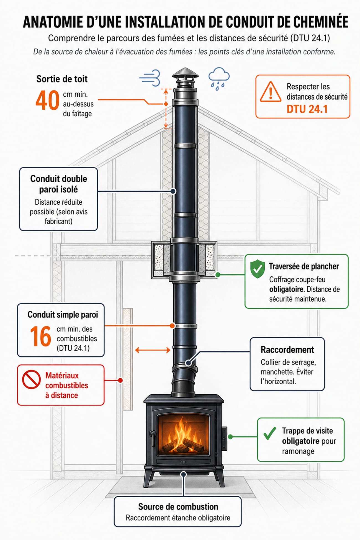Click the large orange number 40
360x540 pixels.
pyautogui.click(x=47, y=100)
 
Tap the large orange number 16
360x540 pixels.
pyautogui.click(x=40, y=336)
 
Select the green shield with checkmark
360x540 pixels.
pyautogui.click(x=257, y=269)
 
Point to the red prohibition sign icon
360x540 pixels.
pyautogui.click(x=31, y=379)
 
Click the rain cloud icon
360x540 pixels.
pyautogui.click(x=219, y=78)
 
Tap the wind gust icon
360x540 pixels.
pyautogui.click(x=150, y=78)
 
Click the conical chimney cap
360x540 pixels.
pyautogui.click(x=185, y=73)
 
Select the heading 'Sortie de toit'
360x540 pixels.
pyautogui.click(x=62, y=79)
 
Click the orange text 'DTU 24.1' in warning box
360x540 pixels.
pyautogui.click(x=307, y=109)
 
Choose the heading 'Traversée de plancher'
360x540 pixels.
pyautogui.click(x=304, y=266)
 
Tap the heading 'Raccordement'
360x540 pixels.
pyautogui.click(x=287, y=350)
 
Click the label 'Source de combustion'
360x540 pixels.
pyautogui.click(x=178, y=507)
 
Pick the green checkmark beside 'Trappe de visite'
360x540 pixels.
pyautogui.click(x=270, y=433)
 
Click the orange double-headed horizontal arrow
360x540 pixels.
pyautogui.click(x=153, y=350)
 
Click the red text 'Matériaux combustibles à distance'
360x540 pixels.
pyautogui.click(x=66, y=385)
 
